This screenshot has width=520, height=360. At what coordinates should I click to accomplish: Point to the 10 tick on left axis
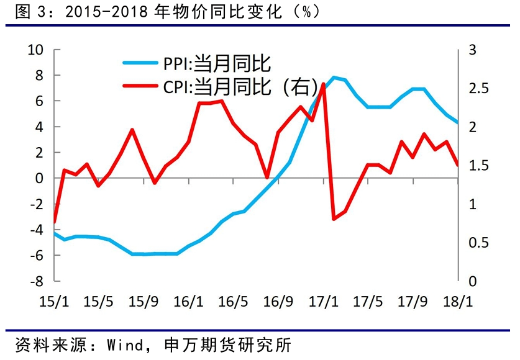[37, 50]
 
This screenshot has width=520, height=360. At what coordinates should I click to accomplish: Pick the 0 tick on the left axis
[41, 178]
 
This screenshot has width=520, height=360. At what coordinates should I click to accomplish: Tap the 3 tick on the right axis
[471, 50]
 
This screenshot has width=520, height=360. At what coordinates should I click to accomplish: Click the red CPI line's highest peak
[323, 84]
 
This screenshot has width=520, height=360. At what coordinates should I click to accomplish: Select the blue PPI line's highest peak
[334, 78]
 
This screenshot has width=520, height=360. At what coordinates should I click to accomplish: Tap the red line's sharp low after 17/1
[334, 219]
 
